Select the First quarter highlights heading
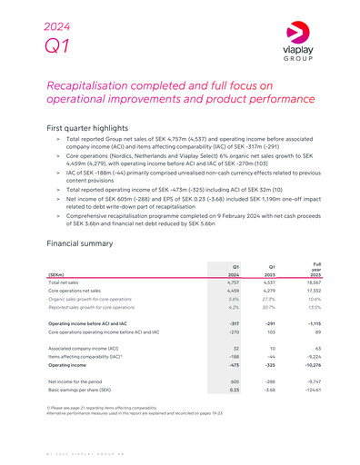pos(101,129)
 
